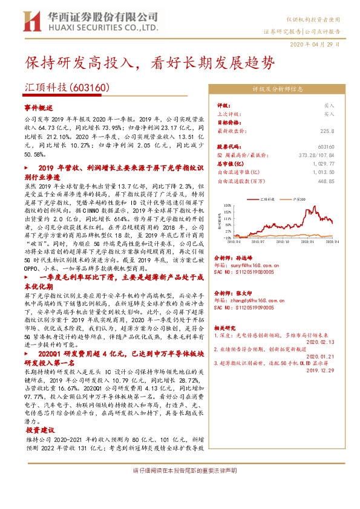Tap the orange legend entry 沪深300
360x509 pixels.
tap(289, 197)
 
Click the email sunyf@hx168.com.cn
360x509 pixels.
tap(240, 264)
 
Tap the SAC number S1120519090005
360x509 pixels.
tap(240, 308)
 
